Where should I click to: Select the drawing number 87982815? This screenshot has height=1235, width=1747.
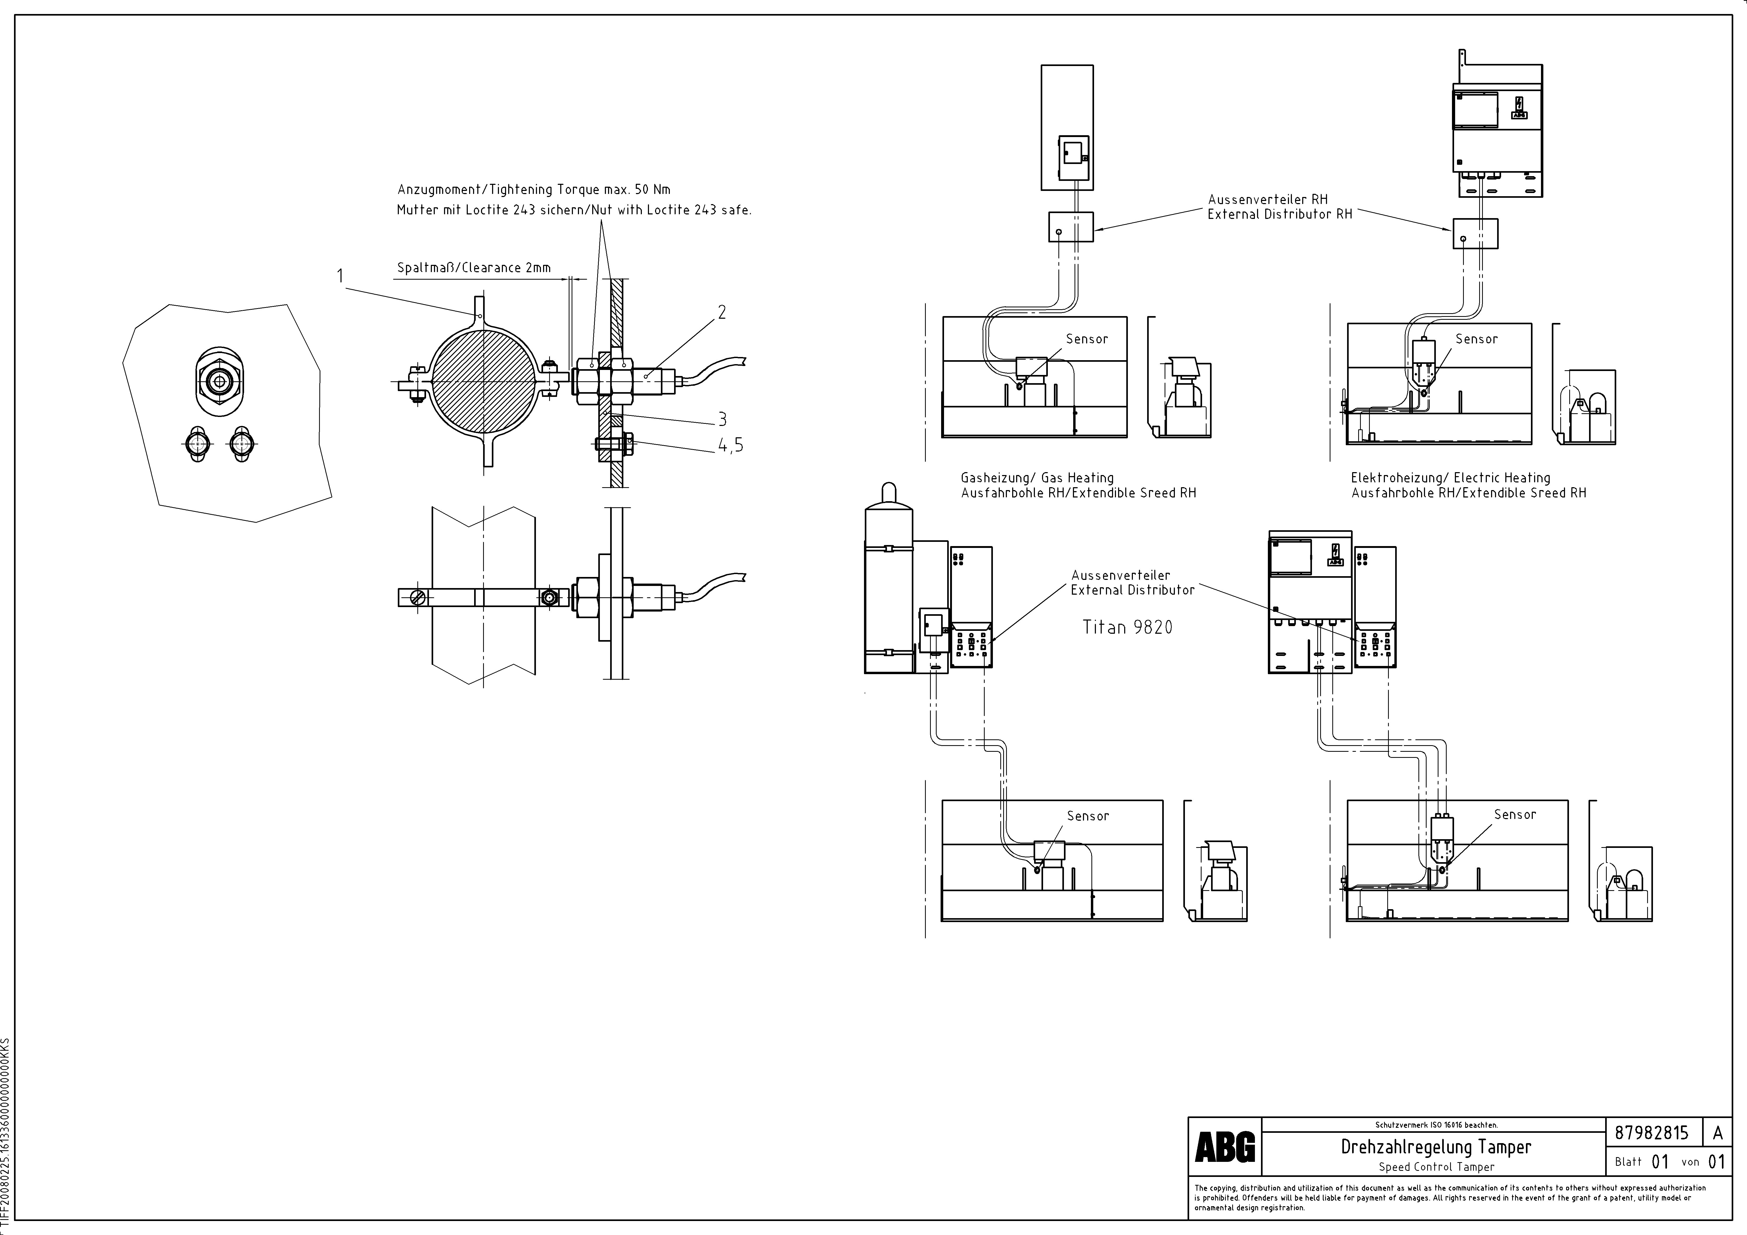click(x=1651, y=1132)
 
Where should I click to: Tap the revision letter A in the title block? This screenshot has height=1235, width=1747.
click(x=1717, y=1132)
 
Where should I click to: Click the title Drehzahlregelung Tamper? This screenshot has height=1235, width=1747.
click(x=1436, y=1146)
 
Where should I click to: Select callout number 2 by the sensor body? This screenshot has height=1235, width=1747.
click(x=721, y=312)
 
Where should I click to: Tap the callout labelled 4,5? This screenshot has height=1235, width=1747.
click(x=730, y=446)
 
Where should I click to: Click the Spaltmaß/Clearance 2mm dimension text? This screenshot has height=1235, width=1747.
click(x=473, y=268)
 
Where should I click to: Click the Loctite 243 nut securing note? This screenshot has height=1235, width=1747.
click(x=574, y=210)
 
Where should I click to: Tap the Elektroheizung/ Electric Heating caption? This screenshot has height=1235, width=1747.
click(x=1450, y=478)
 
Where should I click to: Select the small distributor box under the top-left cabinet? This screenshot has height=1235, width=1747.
click(x=1071, y=227)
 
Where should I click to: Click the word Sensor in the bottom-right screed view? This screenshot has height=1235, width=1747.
click(x=1515, y=814)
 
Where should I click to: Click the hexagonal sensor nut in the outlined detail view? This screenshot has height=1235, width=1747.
click(x=219, y=380)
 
